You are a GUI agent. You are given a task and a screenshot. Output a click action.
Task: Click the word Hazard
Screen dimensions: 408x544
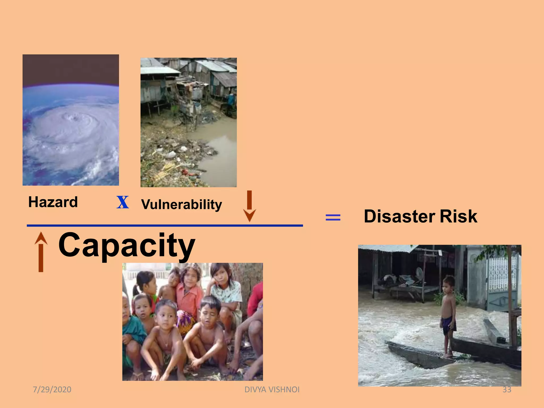tap(53, 202)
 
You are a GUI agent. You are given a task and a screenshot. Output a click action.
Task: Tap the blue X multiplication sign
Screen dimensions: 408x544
tap(123, 202)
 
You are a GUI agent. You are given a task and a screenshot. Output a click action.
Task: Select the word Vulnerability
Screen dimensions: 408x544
tap(181, 205)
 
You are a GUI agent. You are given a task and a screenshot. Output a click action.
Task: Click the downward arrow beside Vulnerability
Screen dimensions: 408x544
tap(249, 206)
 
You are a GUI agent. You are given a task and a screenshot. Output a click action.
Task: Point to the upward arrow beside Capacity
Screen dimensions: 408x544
tap(41, 252)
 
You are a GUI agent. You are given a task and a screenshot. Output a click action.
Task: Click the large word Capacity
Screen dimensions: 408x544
tap(127, 245)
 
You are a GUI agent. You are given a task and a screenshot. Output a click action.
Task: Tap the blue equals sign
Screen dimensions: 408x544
tap(333, 218)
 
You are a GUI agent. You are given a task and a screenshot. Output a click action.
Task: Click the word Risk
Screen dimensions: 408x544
tap(458, 216)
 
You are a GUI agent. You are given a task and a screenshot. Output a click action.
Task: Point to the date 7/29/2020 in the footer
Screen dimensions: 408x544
tap(52, 389)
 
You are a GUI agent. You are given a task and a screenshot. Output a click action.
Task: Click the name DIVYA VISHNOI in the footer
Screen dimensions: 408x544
tap(272, 389)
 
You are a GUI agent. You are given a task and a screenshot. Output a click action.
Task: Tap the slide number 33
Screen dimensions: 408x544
tap(507, 389)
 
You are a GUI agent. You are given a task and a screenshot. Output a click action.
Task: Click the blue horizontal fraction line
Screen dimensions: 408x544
tap(165, 226)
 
